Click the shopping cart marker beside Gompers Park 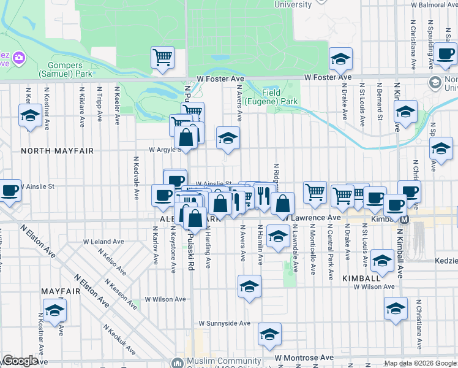(162, 58)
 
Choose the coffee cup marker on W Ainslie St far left (9, 191)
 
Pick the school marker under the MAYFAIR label (54, 310)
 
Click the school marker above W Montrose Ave (269, 334)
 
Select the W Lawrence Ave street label (310, 217)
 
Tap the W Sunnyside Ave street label (225, 323)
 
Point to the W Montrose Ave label (304, 357)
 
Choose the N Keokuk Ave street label (119, 339)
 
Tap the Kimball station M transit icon (405, 219)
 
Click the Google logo (20, 361)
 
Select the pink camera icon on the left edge (20, 59)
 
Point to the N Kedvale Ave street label (136, 178)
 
